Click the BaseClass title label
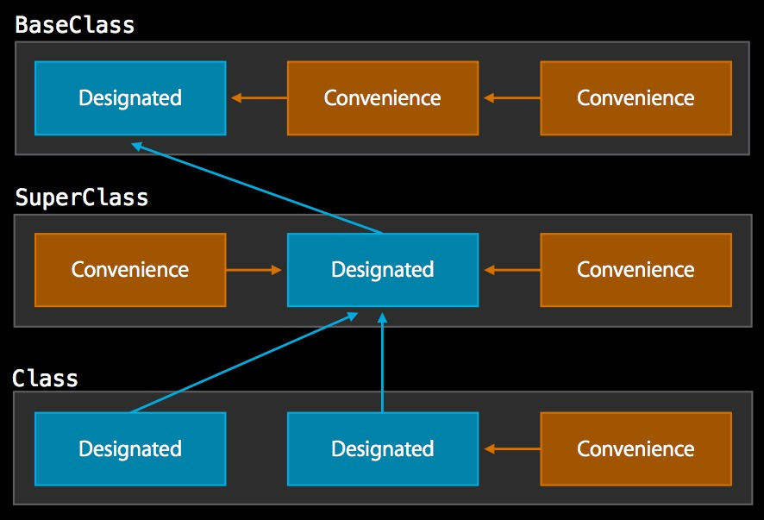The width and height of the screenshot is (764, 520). [x=75, y=25]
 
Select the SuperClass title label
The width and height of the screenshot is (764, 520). [x=82, y=197]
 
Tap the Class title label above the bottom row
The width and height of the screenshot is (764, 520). [x=45, y=379]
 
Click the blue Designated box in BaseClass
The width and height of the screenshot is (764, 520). [x=130, y=98]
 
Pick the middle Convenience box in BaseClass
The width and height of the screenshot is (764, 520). [x=382, y=98]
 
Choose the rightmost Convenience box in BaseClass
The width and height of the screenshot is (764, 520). [x=636, y=98]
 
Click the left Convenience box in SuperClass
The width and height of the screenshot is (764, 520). [x=130, y=270]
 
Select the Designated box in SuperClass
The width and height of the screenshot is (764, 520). [x=382, y=270]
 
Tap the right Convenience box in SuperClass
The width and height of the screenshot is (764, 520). [x=636, y=270]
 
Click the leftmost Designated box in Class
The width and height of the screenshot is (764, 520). [x=130, y=448]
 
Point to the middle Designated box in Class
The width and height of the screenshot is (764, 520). [x=382, y=448]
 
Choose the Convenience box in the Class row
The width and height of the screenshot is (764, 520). [x=636, y=448]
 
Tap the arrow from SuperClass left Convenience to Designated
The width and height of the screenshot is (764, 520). [x=255, y=270]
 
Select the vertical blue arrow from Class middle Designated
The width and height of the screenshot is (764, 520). [x=382, y=362]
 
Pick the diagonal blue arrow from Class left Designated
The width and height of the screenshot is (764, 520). [x=244, y=363]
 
